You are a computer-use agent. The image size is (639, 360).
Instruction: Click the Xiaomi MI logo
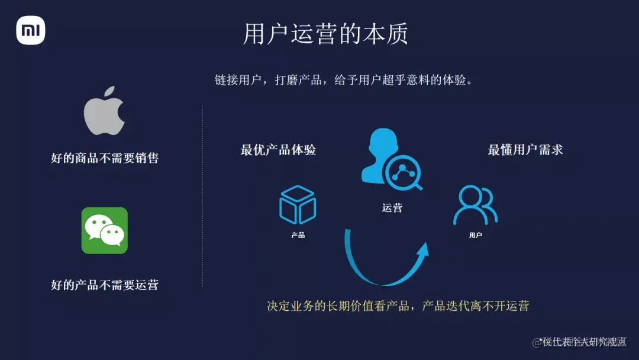point(30,30)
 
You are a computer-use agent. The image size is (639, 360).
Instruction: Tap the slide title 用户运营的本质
point(325,34)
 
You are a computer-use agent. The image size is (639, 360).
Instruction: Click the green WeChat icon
point(104,230)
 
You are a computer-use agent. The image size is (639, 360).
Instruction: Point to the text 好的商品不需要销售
point(105,158)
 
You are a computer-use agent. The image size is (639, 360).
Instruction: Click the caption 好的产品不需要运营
point(105,285)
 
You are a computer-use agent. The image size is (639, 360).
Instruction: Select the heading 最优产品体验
point(278,150)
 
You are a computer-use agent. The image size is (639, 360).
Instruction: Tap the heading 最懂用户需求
point(525,150)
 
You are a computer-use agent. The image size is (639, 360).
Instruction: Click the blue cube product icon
point(298,205)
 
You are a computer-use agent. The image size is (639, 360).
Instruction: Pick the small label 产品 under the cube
point(298,235)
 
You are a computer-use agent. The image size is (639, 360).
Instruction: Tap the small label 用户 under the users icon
point(475,235)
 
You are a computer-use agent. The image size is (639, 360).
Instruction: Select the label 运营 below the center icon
point(392,208)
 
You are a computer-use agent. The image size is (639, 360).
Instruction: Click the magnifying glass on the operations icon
point(404,172)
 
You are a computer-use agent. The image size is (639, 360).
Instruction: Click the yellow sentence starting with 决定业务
point(398,306)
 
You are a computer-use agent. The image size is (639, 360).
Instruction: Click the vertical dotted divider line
point(202,195)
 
